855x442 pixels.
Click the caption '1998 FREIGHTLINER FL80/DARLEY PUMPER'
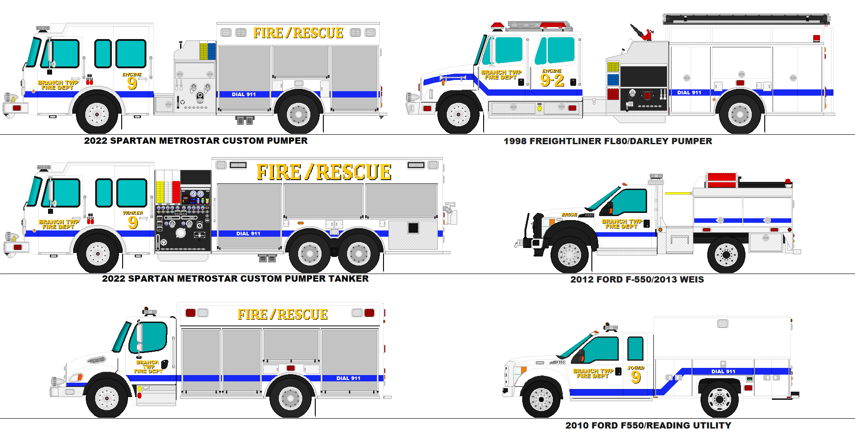pyautogui.click(x=608, y=141)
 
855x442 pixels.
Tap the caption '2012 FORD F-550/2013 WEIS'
pyautogui.click(x=637, y=279)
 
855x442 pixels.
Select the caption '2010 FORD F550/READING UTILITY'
pyautogui.click(x=648, y=425)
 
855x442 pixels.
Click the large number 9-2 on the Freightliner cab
pyautogui.click(x=552, y=80)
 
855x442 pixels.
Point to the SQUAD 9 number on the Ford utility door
pyautogui.click(x=635, y=376)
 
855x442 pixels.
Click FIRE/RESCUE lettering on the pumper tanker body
pyautogui.click(x=324, y=172)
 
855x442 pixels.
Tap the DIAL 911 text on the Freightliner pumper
pyautogui.click(x=689, y=93)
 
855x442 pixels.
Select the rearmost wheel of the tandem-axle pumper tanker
pyautogui.click(x=358, y=254)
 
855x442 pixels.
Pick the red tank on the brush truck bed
pyautogui.click(x=722, y=180)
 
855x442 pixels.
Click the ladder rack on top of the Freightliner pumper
pyautogui.click(x=746, y=19)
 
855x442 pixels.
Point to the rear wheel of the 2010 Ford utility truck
pyautogui.click(x=719, y=399)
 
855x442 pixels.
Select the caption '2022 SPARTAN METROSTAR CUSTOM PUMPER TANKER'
pyautogui.click(x=235, y=278)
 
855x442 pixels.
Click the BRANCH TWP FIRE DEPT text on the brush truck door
pyautogui.click(x=621, y=224)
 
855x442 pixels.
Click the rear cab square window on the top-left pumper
pyautogui.click(x=131, y=54)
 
